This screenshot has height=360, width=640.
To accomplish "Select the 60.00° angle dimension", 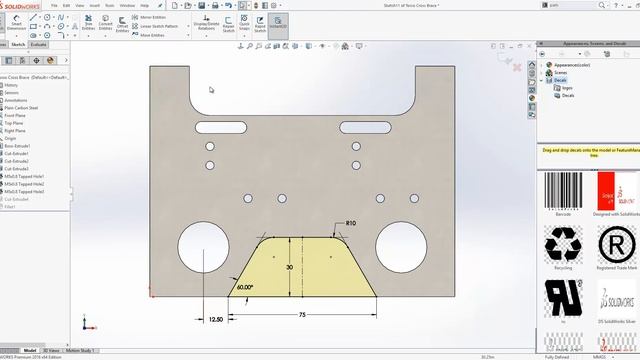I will (x=245, y=287).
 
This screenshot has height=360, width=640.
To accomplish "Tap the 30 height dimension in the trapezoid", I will (x=289, y=268).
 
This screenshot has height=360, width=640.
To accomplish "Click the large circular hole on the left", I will (x=203, y=247).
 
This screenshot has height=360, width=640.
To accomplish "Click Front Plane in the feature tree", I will (x=15, y=115).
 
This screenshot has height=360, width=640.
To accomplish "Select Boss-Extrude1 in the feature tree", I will (x=17, y=146).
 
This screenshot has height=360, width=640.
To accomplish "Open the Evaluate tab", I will (x=38, y=45).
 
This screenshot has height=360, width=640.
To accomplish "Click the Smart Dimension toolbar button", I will (x=16, y=25).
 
